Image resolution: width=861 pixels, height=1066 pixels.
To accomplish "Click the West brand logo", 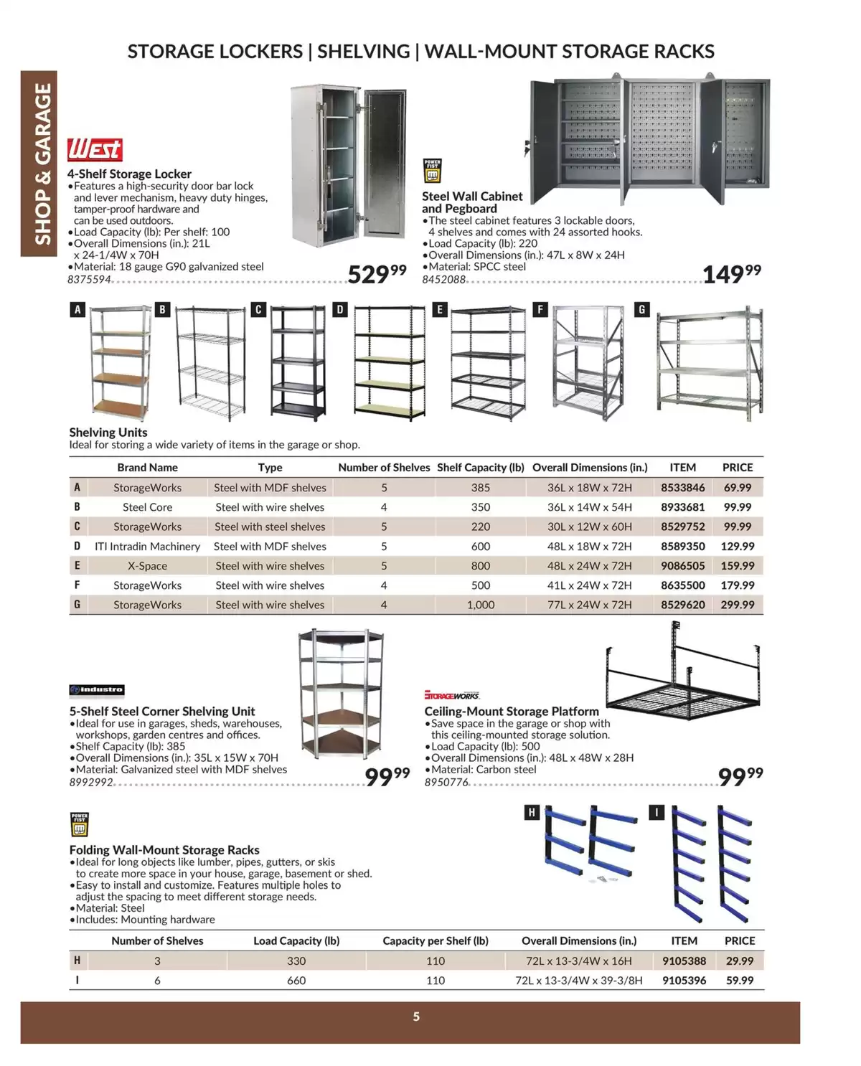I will pyautogui.click(x=95, y=150).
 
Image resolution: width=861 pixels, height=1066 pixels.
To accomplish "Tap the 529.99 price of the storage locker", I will pyautogui.click(x=377, y=274).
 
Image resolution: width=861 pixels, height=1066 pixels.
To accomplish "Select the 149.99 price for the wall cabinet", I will pyautogui.click(x=731, y=273).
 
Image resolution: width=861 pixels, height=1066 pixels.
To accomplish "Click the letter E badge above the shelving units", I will pyautogui.click(x=440, y=310).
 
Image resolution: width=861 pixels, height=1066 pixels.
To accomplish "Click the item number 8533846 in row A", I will pyautogui.click(x=682, y=488).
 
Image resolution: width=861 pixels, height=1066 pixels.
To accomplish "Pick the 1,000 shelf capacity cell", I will pyautogui.click(x=480, y=605).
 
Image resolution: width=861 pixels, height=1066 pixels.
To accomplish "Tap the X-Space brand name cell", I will pyautogui.click(x=147, y=566).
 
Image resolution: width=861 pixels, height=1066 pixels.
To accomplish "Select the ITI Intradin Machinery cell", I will pyautogui.click(x=147, y=547).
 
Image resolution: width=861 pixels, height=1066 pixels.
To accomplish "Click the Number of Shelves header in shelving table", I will pyautogui.click(x=384, y=468).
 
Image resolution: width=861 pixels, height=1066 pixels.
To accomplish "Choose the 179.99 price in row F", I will pyautogui.click(x=737, y=585).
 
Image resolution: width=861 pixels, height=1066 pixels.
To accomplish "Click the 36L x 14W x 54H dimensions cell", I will pyautogui.click(x=589, y=507).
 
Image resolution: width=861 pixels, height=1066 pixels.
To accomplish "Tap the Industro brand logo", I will pyautogui.click(x=98, y=690).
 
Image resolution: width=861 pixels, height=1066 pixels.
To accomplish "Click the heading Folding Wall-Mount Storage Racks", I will pyautogui.click(x=164, y=850).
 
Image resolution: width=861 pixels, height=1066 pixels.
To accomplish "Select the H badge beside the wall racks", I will pyautogui.click(x=532, y=812).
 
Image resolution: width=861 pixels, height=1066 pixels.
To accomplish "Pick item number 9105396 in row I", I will pyautogui.click(x=684, y=981).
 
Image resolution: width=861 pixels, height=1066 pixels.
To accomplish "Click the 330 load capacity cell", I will pyautogui.click(x=296, y=961).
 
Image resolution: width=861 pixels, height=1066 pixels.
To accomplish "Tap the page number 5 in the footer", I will pyautogui.click(x=416, y=1017).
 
